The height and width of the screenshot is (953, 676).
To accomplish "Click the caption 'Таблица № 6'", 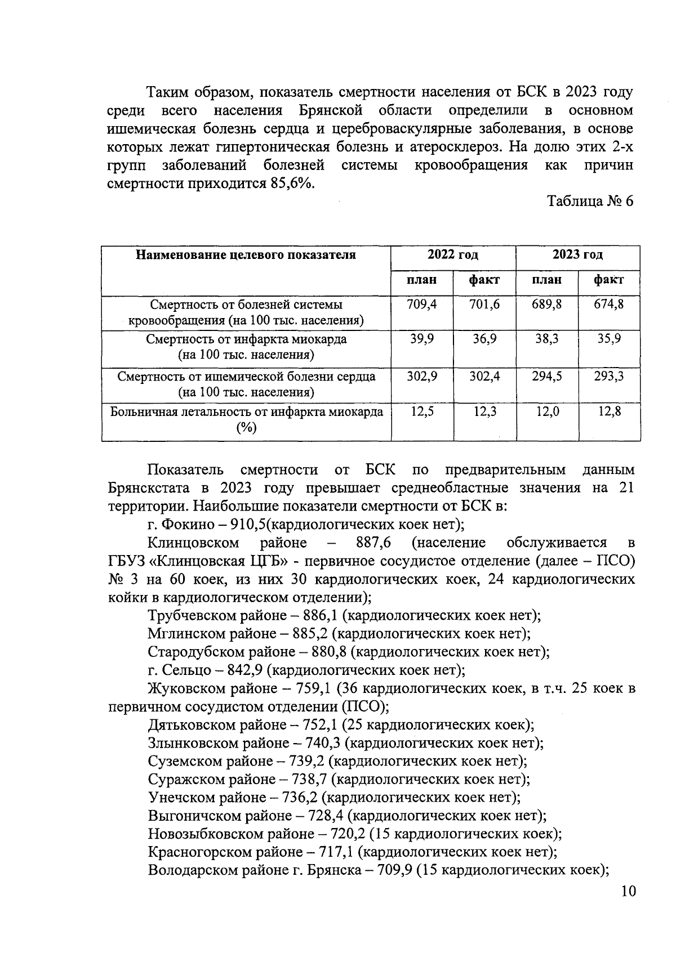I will [590, 202].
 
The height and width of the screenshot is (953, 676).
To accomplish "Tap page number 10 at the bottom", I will [628, 891].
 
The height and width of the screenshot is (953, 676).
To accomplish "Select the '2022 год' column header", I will [453, 255].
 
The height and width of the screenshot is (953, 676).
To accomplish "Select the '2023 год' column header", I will [577, 255].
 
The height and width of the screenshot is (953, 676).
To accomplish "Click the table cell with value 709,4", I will [422, 305].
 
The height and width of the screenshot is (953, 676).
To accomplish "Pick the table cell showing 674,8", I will [609, 305].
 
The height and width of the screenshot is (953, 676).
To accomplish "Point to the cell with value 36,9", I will [484, 339].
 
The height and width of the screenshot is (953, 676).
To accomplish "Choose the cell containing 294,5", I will [546, 376].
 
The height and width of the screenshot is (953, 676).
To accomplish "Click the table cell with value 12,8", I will [609, 411].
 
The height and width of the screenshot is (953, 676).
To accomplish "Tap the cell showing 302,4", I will [484, 376].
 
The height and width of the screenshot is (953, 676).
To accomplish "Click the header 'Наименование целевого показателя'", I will [246, 255].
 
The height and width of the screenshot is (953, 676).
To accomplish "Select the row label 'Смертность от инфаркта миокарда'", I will [246, 339].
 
